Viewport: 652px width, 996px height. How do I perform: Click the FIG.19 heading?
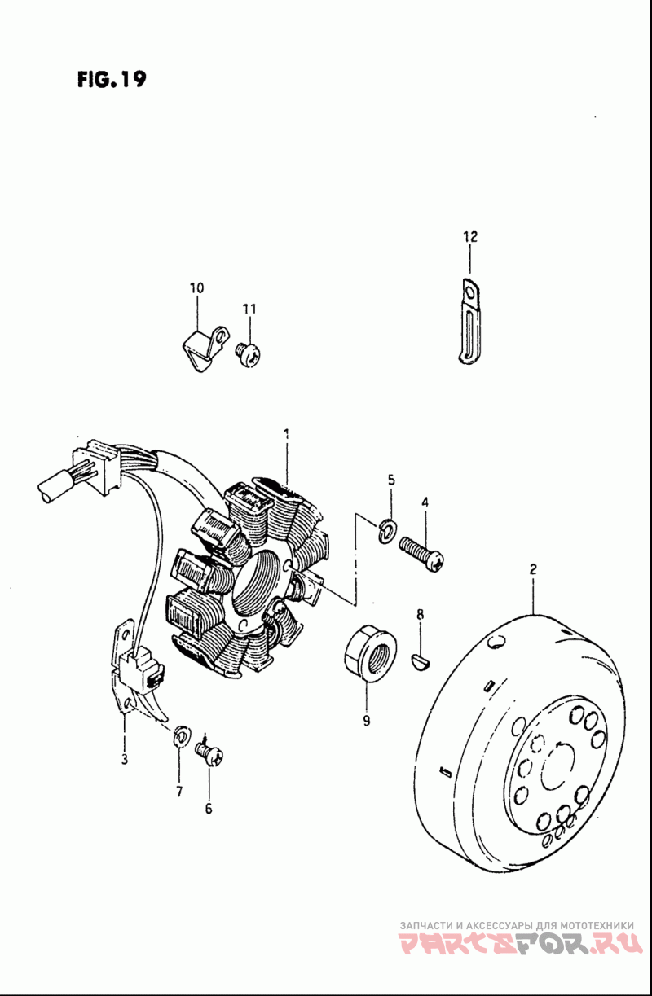(x=112, y=81)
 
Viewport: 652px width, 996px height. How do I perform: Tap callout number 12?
(x=470, y=237)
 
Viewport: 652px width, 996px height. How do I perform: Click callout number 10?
(x=196, y=287)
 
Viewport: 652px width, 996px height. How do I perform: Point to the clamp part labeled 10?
(x=200, y=345)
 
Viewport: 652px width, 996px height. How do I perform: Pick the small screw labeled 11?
(x=248, y=352)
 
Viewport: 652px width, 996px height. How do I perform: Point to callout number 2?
(x=533, y=568)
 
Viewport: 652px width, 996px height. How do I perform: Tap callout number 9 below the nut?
(x=366, y=720)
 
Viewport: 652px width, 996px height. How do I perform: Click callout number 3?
(x=124, y=760)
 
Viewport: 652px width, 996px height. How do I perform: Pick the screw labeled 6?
(x=210, y=754)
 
